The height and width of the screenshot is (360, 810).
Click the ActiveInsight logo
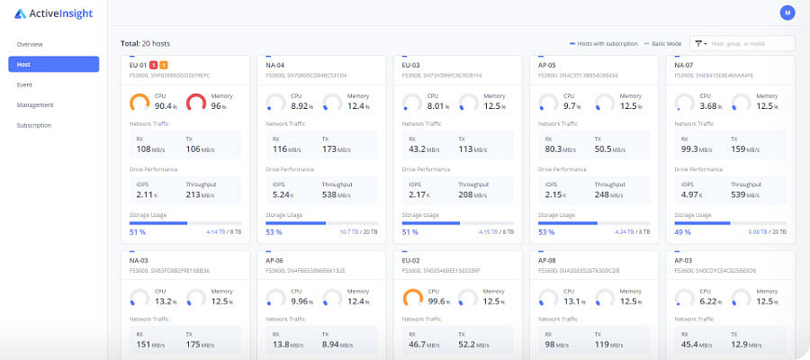54,13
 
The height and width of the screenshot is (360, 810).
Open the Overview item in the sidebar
30,44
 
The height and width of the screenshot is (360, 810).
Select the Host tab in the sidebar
53,64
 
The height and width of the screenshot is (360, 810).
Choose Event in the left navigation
24,85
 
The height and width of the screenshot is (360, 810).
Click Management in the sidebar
34,104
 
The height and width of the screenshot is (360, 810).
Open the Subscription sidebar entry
35,125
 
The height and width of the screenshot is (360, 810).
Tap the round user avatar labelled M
787,13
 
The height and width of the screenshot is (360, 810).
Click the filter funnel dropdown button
698,43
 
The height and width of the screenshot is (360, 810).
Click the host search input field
751,43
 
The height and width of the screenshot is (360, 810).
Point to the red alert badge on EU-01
153,65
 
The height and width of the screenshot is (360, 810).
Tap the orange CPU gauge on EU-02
412,298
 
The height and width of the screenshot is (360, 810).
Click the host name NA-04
274,65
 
